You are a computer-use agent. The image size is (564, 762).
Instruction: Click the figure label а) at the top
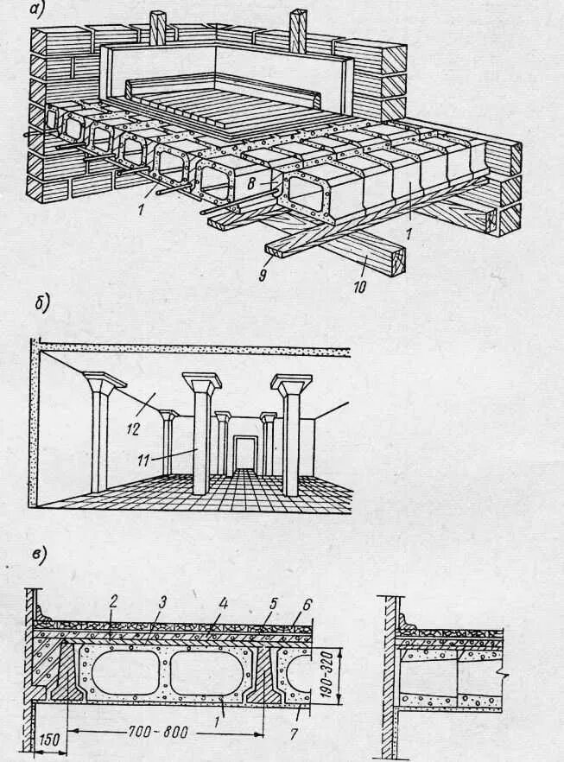coord(37,11)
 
